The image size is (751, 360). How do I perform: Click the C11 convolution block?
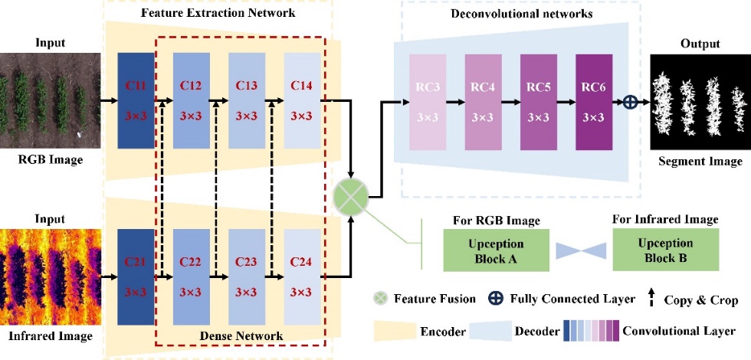[x=136, y=100]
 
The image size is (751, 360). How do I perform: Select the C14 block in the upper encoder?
[x=302, y=100]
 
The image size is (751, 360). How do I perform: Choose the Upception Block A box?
[x=496, y=250]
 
